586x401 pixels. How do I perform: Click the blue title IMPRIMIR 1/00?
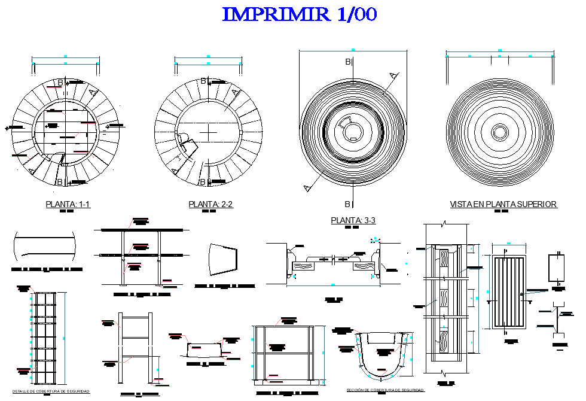[300, 14]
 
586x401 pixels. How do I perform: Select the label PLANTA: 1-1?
[68, 205]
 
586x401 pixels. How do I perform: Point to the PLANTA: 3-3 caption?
[353, 221]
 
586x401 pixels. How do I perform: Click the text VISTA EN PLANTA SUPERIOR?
[503, 205]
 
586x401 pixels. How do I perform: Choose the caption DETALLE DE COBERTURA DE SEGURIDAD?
[51, 391]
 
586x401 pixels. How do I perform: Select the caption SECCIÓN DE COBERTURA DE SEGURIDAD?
[386, 390]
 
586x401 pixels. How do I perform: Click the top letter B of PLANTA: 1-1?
[59, 83]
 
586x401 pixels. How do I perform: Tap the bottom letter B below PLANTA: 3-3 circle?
[347, 203]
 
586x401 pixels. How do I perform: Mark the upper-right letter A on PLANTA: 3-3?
[393, 75]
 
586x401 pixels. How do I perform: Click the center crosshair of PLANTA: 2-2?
[208, 130]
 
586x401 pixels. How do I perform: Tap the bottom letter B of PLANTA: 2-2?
[203, 182]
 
